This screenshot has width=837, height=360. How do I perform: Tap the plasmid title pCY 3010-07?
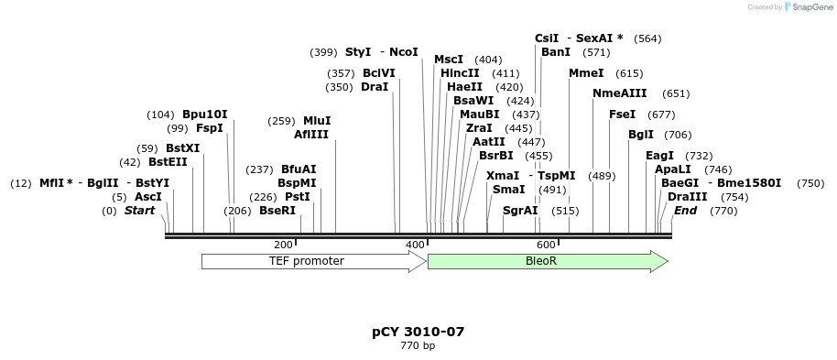click(x=411, y=332)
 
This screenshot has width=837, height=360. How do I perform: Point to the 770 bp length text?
click(x=418, y=346)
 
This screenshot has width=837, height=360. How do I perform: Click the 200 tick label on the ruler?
click(x=283, y=245)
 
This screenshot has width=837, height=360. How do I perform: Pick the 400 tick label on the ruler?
click(x=415, y=245)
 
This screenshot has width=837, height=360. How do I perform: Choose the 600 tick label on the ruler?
click(x=546, y=245)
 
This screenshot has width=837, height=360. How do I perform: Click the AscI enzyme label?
click(x=148, y=197)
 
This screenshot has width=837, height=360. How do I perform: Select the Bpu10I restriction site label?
click(x=205, y=115)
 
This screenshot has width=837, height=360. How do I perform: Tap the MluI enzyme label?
click(x=317, y=121)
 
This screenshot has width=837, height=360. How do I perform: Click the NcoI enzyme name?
click(x=403, y=52)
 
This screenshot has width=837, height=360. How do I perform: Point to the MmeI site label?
click(x=586, y=73)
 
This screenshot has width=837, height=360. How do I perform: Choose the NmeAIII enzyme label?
click(x=620, y=93)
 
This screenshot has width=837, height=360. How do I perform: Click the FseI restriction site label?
click(x=623, y=115)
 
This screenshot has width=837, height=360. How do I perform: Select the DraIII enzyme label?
click(x=688, y=197)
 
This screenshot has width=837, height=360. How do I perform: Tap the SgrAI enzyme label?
click(x=520, y=211)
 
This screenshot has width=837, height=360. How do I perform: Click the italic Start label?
click(x=140, y=211)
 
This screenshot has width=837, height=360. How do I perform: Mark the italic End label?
click(x=686, y=211)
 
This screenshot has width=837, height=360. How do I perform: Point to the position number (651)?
click(x=676, y=93)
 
